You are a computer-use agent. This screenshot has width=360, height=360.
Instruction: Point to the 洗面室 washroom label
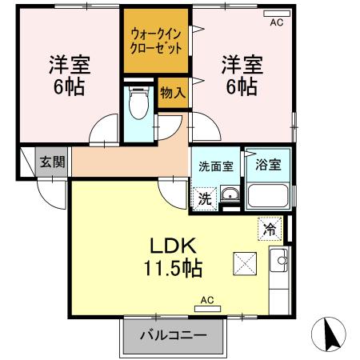coord(214,166)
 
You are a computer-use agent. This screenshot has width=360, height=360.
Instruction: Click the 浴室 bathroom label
coord(268,166)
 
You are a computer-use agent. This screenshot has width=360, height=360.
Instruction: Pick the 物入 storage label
coord(173,92)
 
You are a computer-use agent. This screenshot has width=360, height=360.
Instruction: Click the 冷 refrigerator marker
coord(270,229)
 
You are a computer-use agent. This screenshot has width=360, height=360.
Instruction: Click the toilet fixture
coord(138,102)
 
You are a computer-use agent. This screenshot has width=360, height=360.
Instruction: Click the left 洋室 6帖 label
coord(66,74)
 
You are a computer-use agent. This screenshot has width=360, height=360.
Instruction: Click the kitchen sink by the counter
coord(280,258)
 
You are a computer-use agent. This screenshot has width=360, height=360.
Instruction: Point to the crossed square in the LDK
coord(244,263)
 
